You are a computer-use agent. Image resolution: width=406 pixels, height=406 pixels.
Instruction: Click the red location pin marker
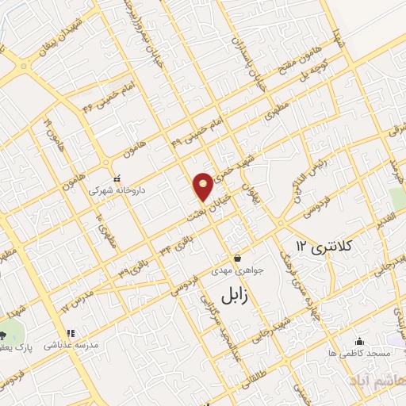pos(203,186)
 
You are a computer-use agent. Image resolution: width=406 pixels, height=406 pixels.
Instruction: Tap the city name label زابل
pos(235,296)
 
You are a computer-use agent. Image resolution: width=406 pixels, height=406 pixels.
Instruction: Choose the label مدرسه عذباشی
pos(75,347)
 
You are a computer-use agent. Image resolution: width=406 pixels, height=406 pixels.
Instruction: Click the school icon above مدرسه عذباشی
pos(70,333)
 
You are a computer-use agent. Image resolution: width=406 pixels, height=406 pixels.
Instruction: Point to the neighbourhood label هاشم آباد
pos(384,381)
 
